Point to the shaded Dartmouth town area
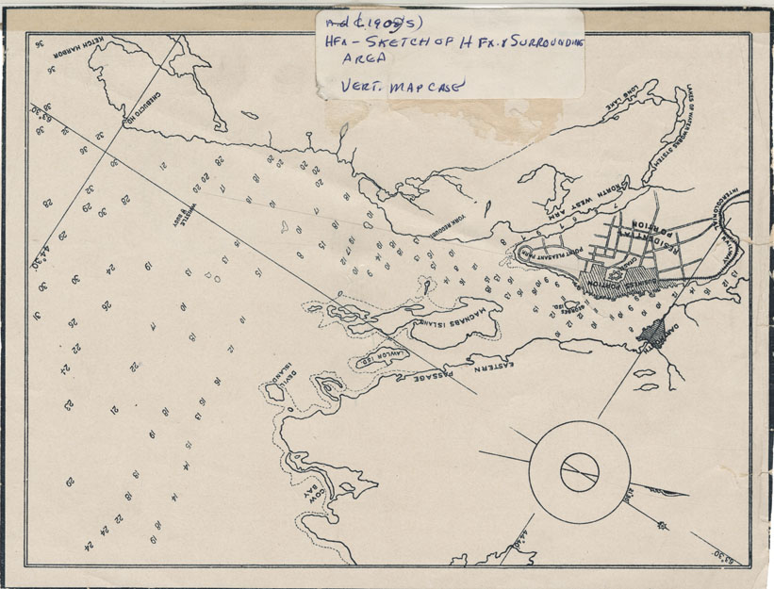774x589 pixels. click(652, 332)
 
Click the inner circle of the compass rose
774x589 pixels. click(579, 471)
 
